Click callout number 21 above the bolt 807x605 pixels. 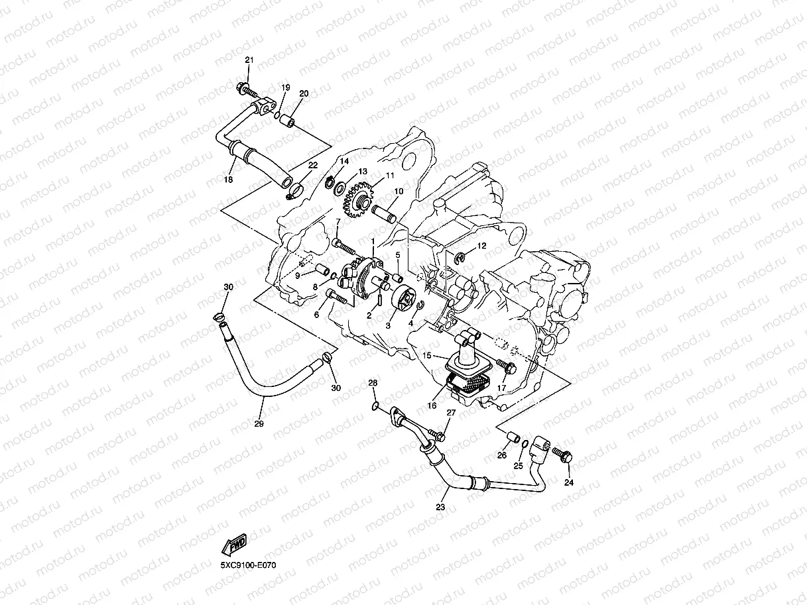point(249,60)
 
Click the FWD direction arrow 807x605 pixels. point(235,544)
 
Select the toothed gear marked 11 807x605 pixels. point(361,201)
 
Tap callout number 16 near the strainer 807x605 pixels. point(432,406)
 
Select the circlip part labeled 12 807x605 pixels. point(462,257)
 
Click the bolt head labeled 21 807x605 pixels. point(242,87)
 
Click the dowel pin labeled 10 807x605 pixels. point(384,214)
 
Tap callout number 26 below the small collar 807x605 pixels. point(502,455)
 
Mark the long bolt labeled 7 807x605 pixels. point(345,246)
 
